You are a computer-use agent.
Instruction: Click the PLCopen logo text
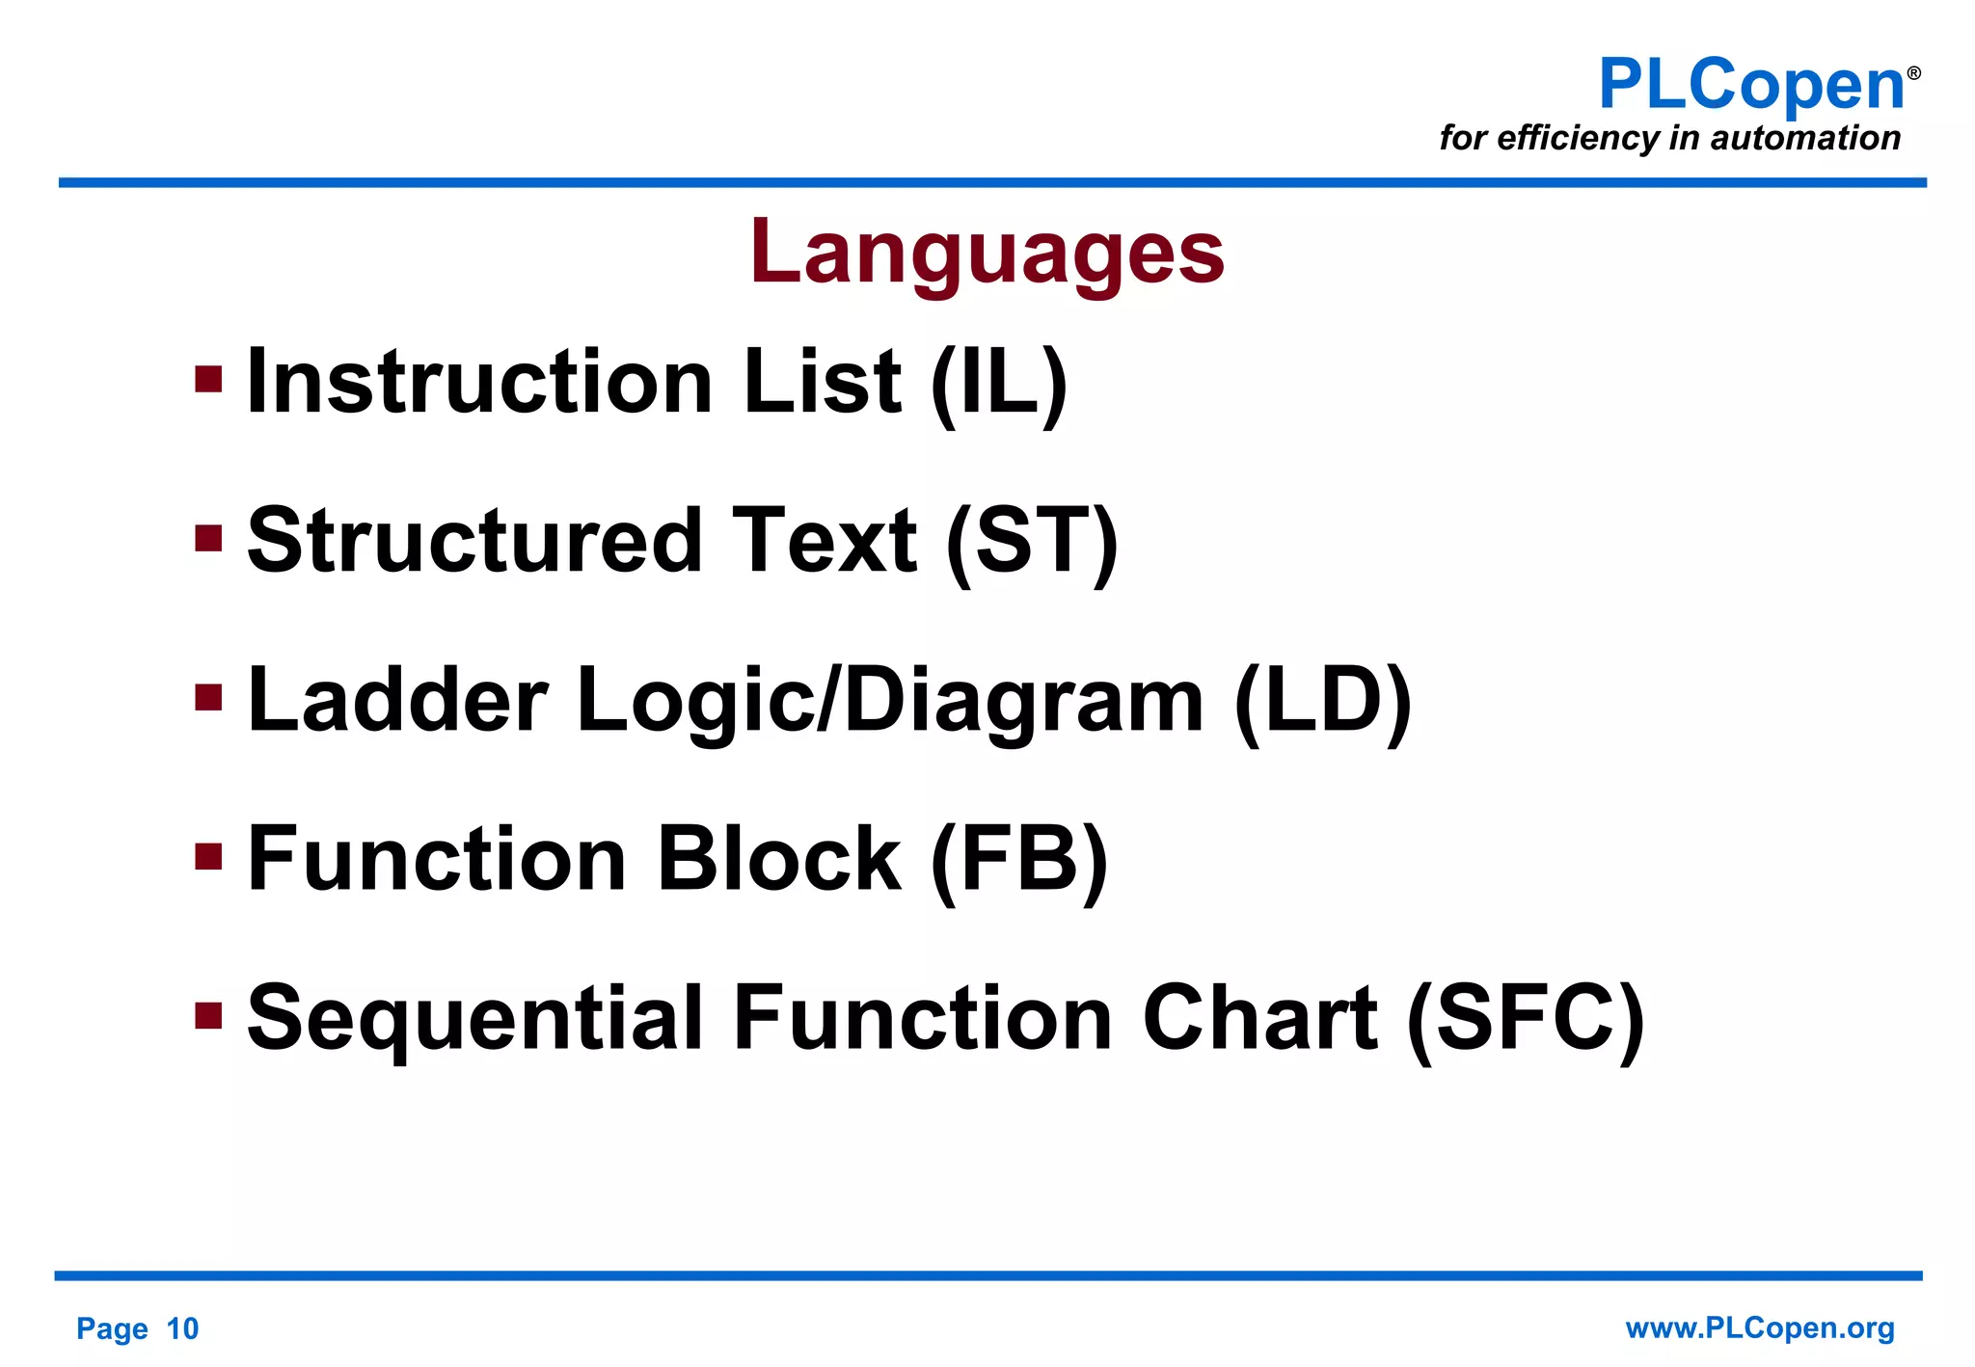1750,85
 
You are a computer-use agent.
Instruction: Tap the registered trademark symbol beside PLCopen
1914,73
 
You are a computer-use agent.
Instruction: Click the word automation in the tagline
1805,138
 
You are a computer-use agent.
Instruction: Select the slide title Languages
987,252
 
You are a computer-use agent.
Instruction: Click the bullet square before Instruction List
208,379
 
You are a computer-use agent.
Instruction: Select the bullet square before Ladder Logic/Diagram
208,697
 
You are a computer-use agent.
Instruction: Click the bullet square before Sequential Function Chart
208,1015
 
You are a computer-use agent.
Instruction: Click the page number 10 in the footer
182,1328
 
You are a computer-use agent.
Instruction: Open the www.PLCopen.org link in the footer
1760,1327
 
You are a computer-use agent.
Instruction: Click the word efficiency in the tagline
1578,138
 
